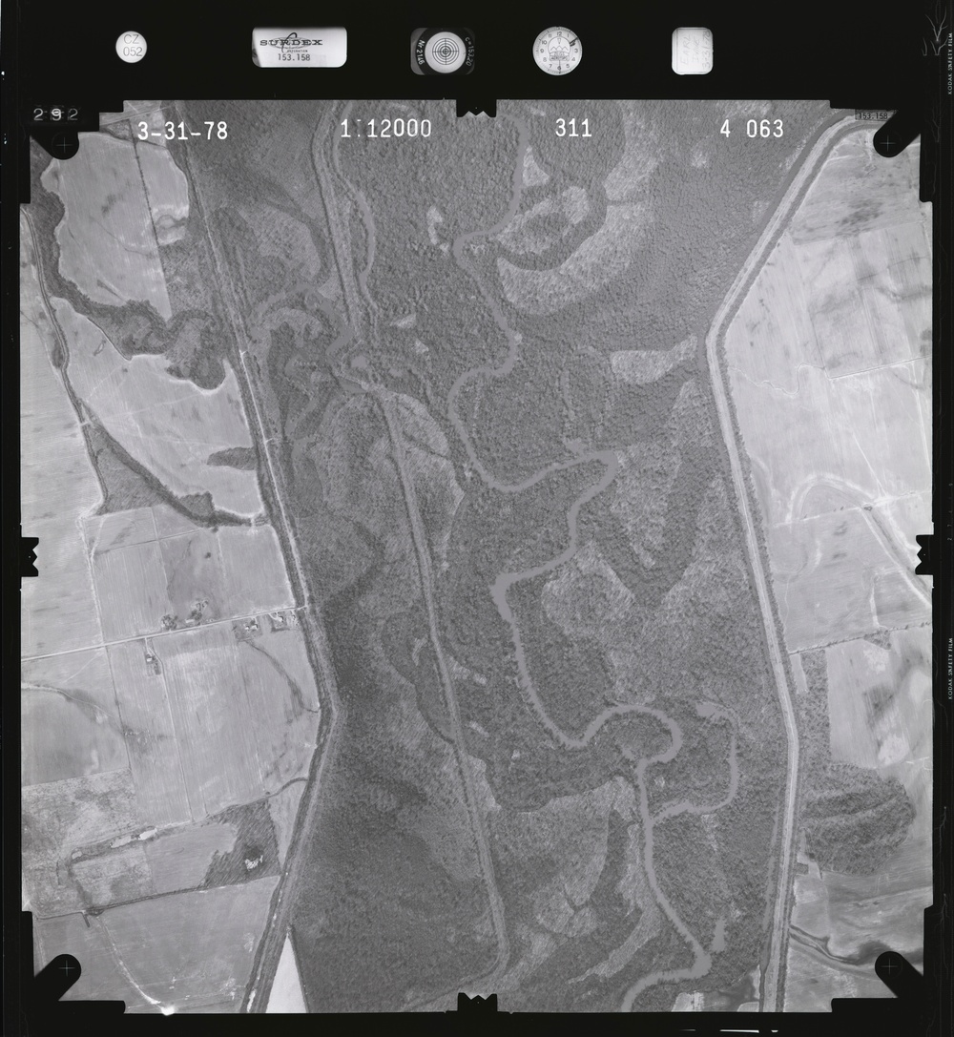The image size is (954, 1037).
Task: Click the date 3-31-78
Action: tap(182, 132)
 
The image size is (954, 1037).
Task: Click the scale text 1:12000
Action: tap(385, 129)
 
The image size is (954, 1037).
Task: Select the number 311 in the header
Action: tap(573, 128)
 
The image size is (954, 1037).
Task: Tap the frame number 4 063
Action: tap(752, 129)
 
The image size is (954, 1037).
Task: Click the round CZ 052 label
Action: tap(132, 46)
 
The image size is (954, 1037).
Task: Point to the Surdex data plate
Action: tap(300, 47)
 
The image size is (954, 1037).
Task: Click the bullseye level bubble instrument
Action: tap(444, 50)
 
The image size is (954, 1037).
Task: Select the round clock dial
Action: tap(557, 51)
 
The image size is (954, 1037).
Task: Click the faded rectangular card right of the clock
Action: tap(692, 51)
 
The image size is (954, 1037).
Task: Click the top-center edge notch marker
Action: tap(476, 108)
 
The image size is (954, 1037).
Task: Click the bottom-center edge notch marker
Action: tap(477, 1002)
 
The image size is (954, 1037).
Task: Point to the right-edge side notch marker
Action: tap(924, 554)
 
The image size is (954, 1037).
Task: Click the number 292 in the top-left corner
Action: tap(55, 114)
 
